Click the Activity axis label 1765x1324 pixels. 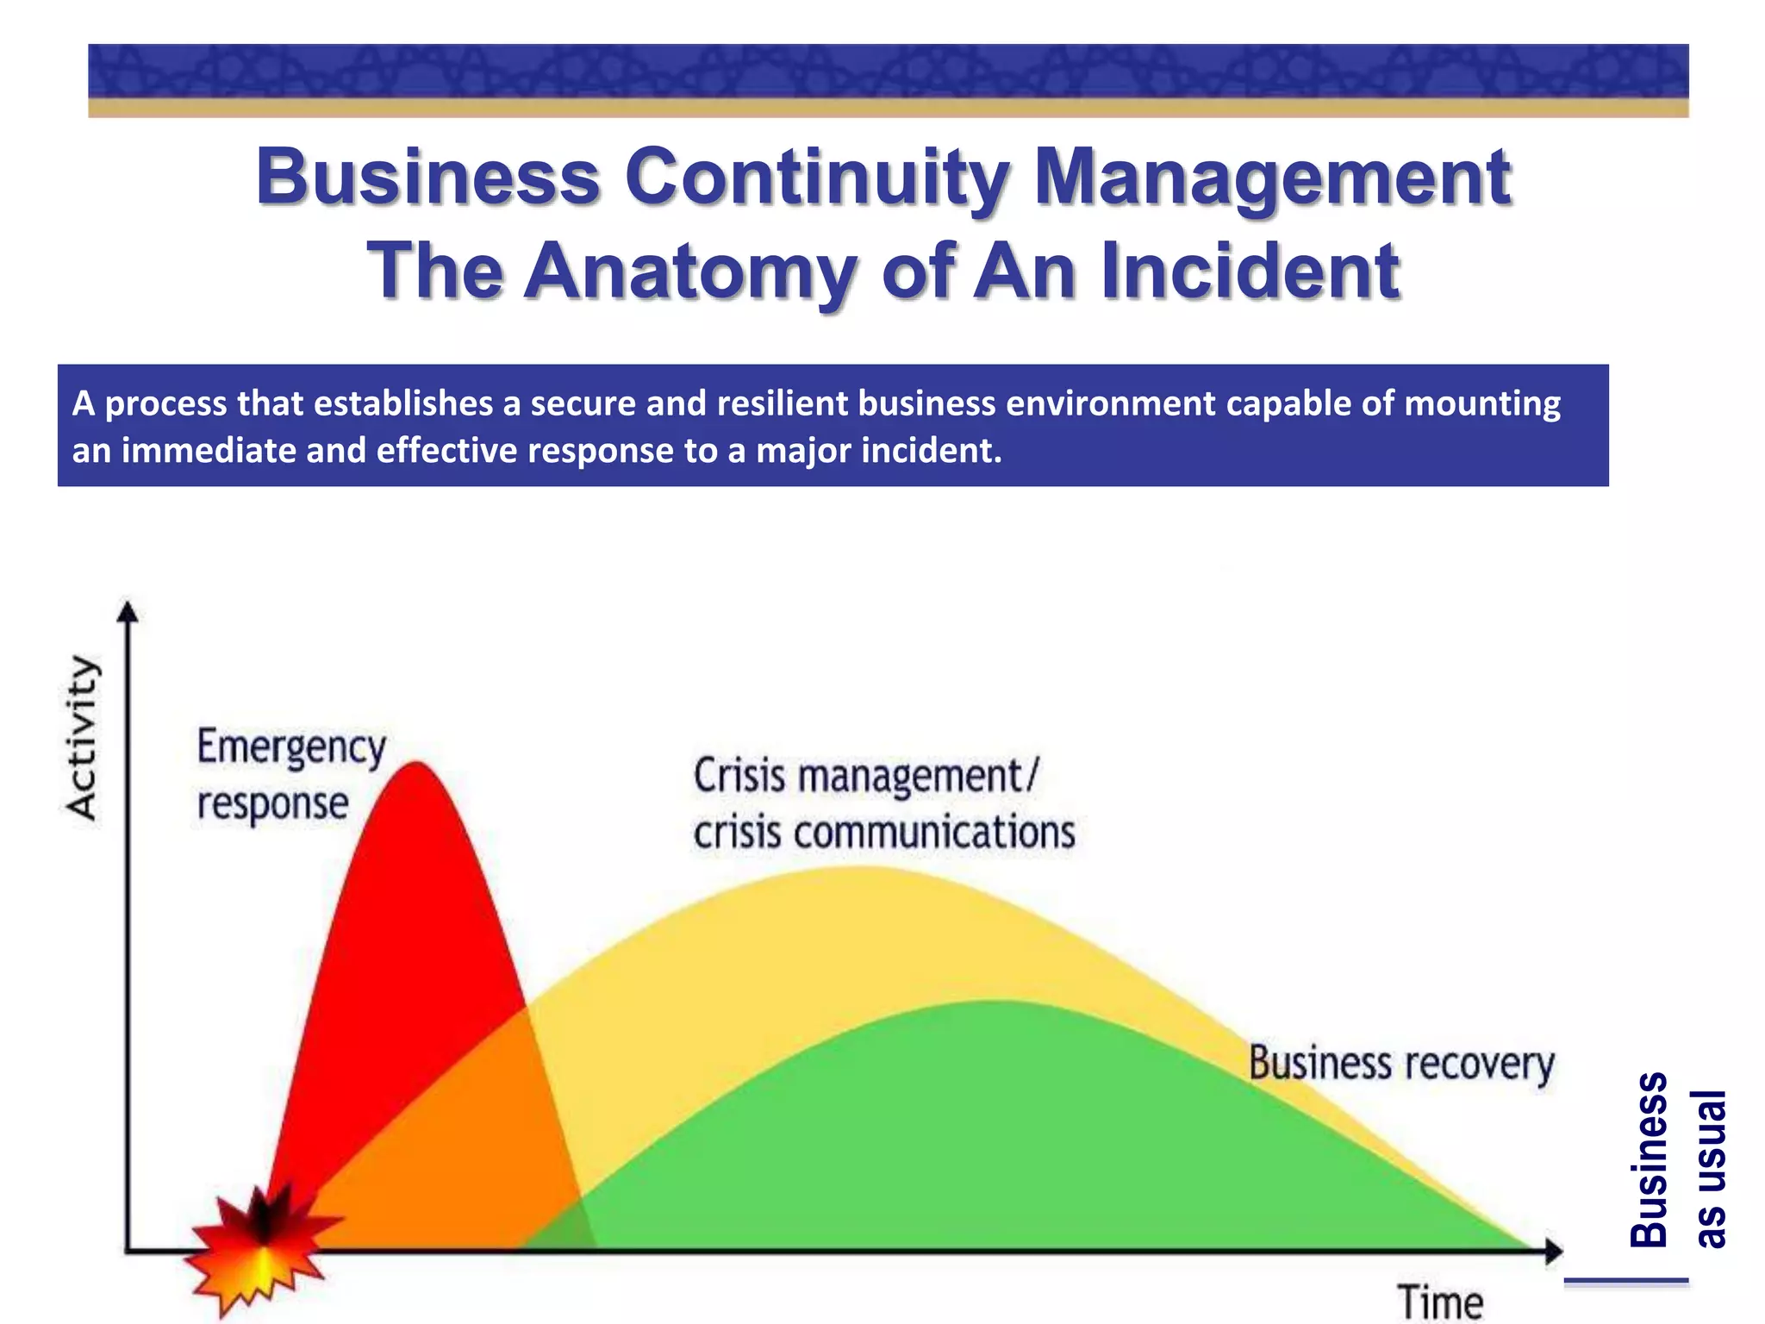coord(83,737)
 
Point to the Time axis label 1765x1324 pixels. coord(1440,1301)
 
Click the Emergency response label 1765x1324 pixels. coord(290,774)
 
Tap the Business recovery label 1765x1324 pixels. coord(1401,1063)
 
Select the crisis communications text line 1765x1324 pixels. coord(884,833)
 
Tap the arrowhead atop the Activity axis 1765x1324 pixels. coord(128,611)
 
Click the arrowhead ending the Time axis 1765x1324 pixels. coord(1553,1250)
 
